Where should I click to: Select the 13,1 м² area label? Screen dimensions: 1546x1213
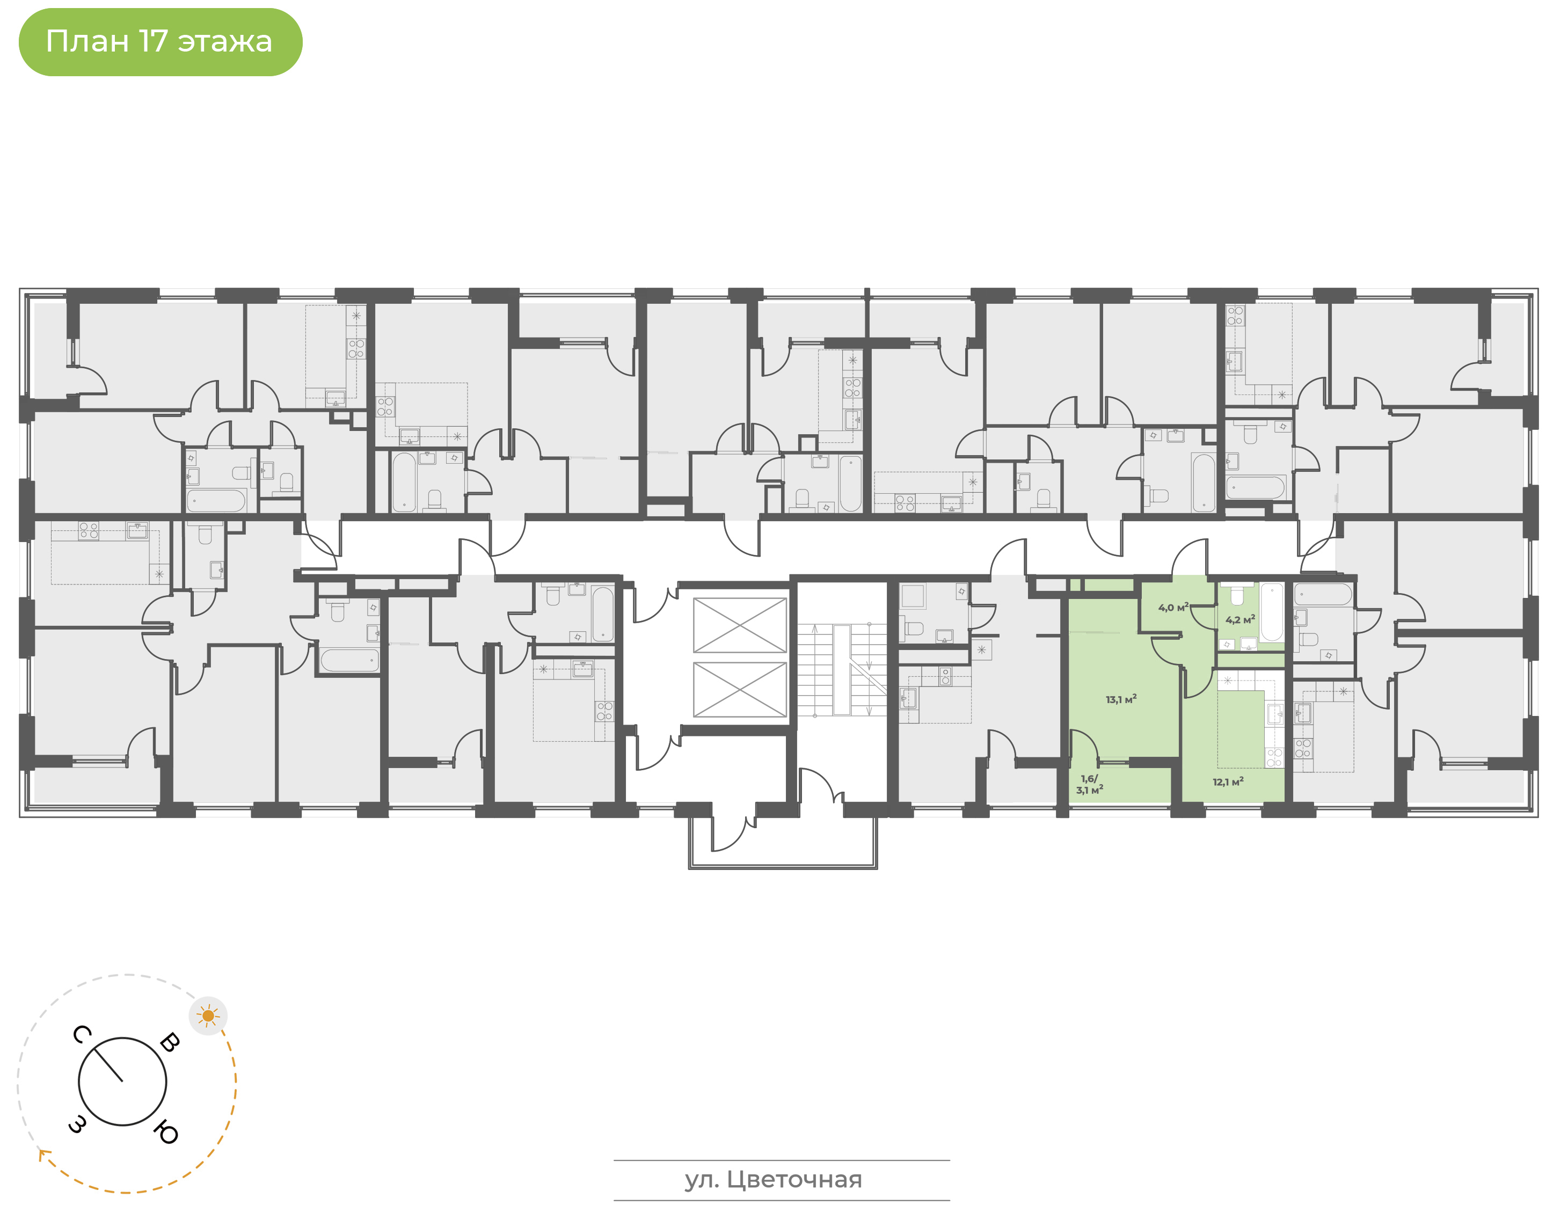(x=1121, y=699)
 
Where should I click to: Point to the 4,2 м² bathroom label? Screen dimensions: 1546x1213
(x=1240, y=619)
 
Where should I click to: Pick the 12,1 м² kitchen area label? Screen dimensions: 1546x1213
(x=1228, y=782)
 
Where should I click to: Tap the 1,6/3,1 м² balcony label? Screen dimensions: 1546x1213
(x=1089, y=785)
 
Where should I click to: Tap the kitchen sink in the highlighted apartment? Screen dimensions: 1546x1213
(x=1275, y=714)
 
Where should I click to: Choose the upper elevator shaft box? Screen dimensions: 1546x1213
(x=739, y=625)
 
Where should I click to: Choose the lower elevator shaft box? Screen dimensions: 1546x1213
(x=739, y=689)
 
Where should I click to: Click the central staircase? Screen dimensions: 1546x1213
(x=842, y=670)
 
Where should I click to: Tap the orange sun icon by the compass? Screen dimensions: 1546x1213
(x=208, y=1015)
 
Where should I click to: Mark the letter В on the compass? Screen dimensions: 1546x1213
(x=170, y=1042)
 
